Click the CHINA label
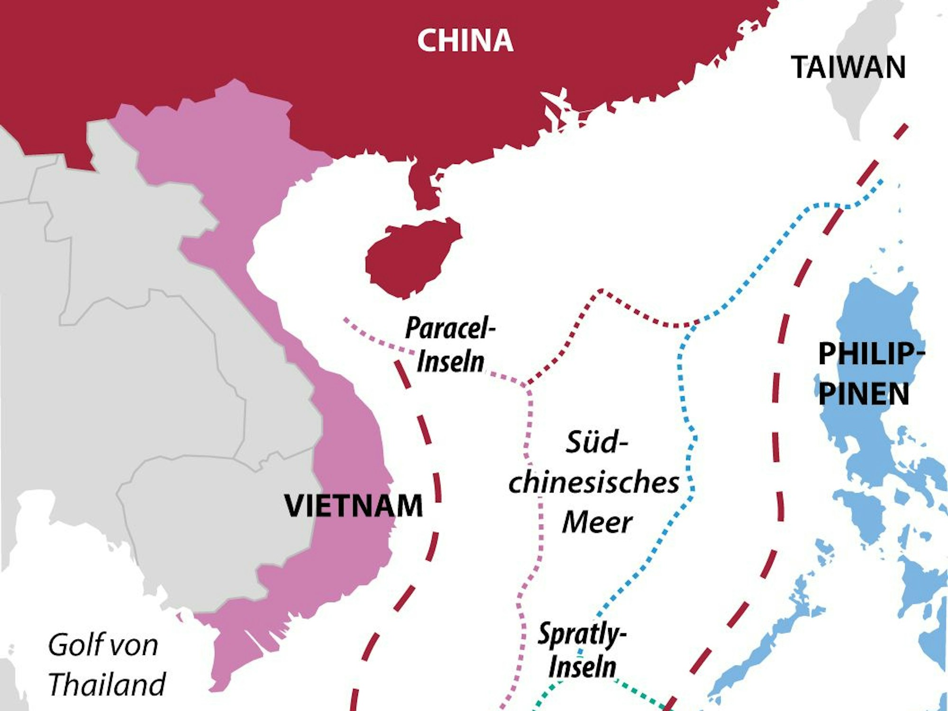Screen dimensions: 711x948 click(465, 41)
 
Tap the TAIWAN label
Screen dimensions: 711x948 click(848, 67)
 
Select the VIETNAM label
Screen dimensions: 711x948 click(354, 506)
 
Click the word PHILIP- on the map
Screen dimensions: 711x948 click(871, 354)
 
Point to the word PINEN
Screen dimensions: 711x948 click(864, 394)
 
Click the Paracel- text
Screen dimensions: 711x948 click(449, 328)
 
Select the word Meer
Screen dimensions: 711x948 click(597, 522)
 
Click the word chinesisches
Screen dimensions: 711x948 click(593, 483)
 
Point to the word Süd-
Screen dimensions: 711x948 click(597, 442)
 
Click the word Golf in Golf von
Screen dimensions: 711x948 click(76, 645)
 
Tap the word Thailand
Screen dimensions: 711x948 click(107, 684)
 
